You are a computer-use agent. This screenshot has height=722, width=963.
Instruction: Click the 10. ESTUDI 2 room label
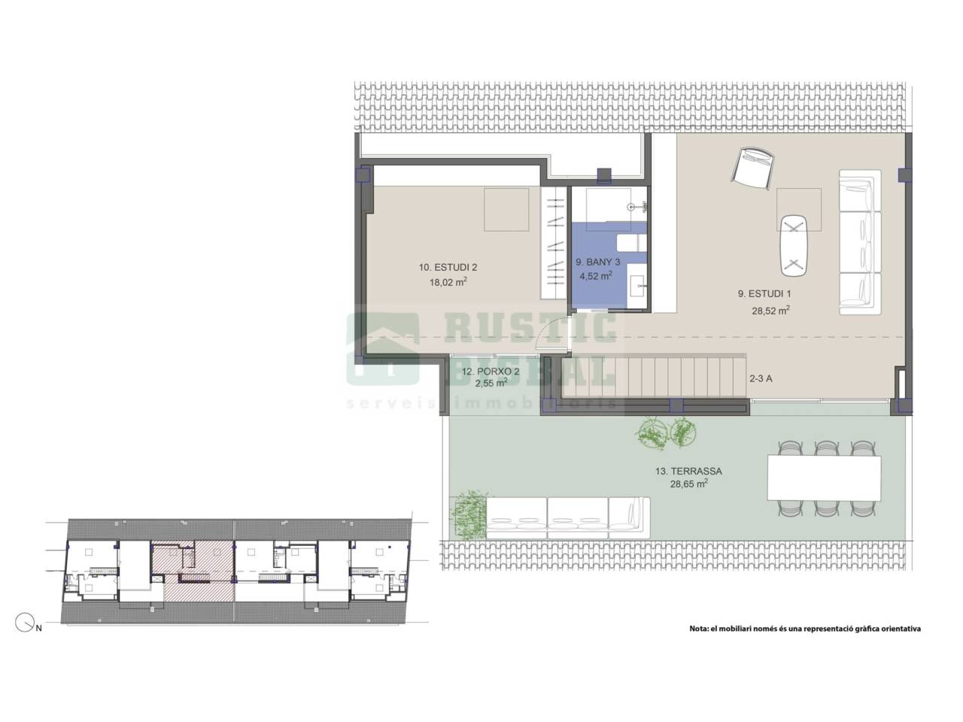tap(448, 268)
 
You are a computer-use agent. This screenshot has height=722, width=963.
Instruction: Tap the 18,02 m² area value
tap(448, 282)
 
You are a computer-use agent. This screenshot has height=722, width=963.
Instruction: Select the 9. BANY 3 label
tap(597, 262)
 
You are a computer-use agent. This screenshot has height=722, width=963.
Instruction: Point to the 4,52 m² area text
tap(596, 276)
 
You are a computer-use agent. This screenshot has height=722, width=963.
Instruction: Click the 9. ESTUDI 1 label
tap(764, 294)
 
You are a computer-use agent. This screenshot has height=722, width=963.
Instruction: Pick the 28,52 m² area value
tap(770, 311)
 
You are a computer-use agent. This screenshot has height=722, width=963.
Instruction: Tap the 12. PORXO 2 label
tap(491, 372)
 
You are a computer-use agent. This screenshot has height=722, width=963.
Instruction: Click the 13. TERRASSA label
tap(688, 472)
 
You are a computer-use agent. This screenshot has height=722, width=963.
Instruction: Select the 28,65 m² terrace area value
tap(689, 484)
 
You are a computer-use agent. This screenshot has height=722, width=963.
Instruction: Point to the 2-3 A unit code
tap(761, 379)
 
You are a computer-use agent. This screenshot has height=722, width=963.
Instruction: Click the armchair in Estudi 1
tap(752, 168)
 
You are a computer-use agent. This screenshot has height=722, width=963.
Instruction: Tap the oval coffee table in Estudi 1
tap(794, 245)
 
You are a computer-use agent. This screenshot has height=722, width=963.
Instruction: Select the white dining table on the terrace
tap(824, 478)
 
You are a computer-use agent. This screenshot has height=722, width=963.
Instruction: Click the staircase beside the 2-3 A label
tap(654, 376)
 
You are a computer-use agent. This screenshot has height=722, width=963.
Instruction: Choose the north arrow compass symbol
tap(25, 623)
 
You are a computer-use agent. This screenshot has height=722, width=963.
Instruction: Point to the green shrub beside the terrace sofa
tap(469, 515)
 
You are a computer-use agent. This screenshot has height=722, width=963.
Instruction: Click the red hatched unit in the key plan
tap(193, 572)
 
